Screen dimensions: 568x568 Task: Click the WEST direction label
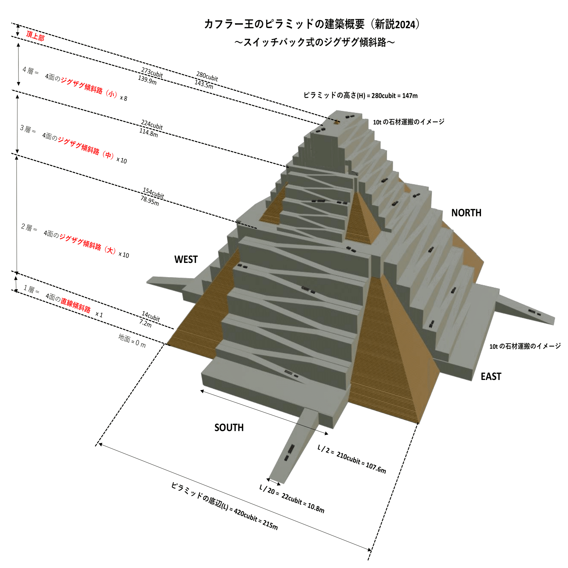[x=186, y=259]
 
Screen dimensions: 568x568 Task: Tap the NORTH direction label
[x=466, y=213]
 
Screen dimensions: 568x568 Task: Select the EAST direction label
[x=490, y=376]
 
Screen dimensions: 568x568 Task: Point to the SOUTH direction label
[x=229, y=427]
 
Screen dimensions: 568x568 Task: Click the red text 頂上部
[x=35, y=36]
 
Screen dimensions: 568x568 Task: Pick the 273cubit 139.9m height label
[x=150, y=76]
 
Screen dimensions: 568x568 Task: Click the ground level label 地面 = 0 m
[x=132, y=341]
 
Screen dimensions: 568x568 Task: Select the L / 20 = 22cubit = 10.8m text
[x=292, y=499]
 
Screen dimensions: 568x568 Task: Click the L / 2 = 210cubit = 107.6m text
[x=352, y=459]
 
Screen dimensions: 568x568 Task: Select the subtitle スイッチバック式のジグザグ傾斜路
[x=314, y=42]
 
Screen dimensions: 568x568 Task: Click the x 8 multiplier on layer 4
[x=123, y=98]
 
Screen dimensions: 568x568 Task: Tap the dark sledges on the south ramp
[x=290, y=452]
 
